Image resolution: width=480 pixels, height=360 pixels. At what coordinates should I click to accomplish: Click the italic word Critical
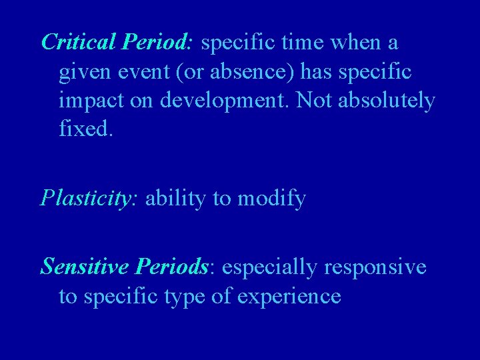[x=79, y=43]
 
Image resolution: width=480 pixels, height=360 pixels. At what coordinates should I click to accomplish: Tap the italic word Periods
[x=171, y=267]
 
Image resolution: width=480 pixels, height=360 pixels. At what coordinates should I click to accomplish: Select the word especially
[x=271, y=267]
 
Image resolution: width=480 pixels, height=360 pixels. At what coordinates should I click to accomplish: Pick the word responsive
[x=376, y=267]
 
